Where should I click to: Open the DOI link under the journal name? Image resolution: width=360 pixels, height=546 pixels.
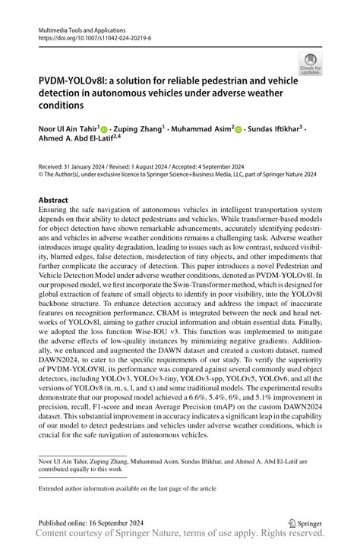coord(88,36)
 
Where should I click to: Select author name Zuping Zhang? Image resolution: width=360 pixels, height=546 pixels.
coord(137,129)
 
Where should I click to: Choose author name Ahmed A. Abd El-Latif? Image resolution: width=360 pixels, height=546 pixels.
coord(78,140)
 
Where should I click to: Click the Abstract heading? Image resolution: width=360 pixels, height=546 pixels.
coord(53,201)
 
